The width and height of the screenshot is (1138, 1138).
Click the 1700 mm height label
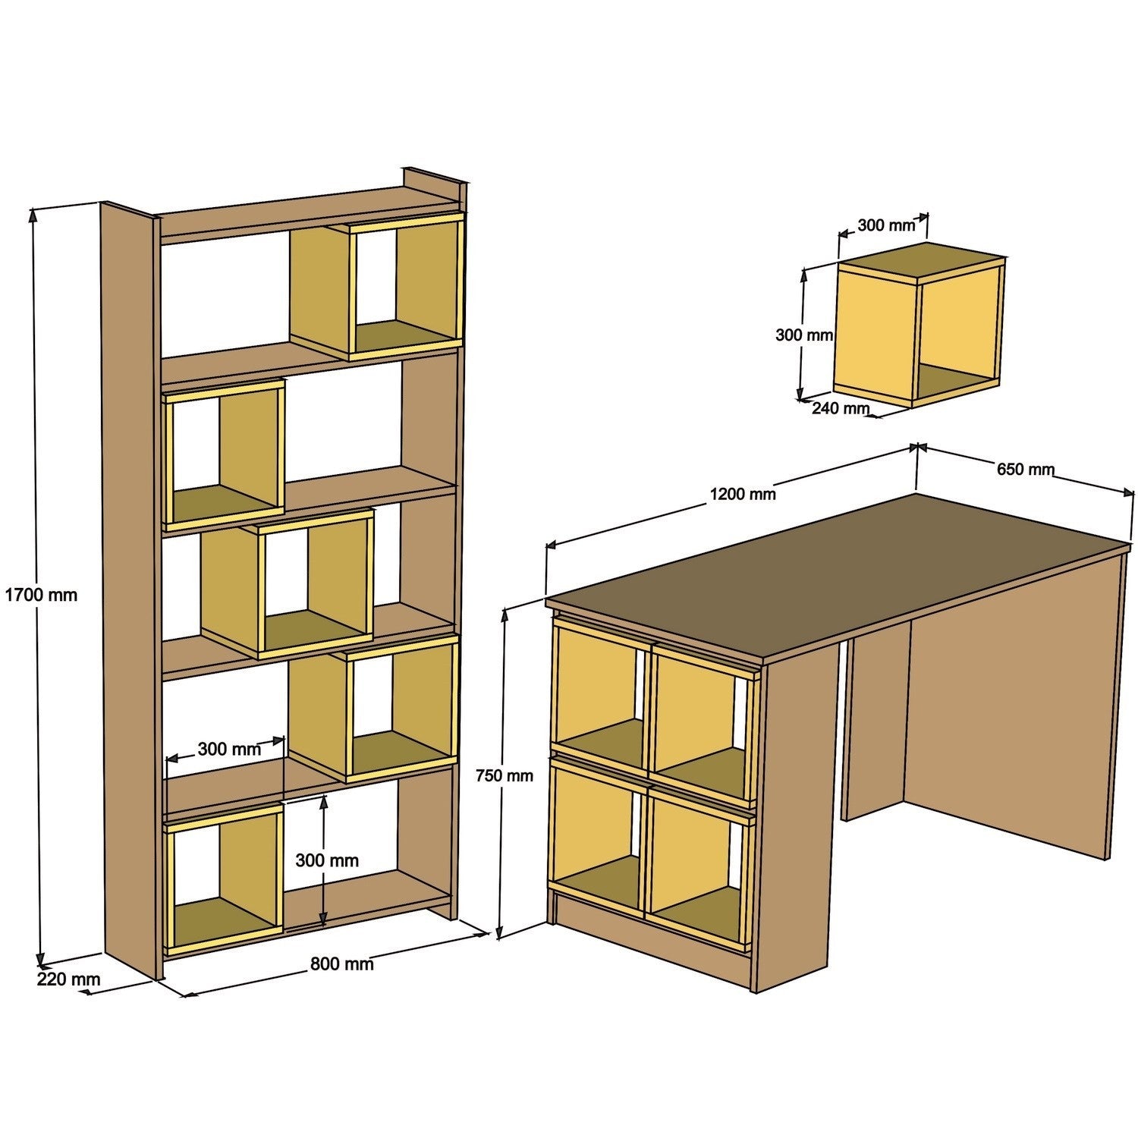(41, 595)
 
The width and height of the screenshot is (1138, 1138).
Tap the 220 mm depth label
(68, 979)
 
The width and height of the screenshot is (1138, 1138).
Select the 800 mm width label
(341, 964)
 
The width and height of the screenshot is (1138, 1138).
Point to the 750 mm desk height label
(504, 775)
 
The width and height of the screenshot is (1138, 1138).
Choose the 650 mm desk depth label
(1025, 470)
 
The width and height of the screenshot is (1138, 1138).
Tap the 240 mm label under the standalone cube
(840, 408)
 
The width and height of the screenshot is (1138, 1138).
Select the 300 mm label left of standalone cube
(803, 334)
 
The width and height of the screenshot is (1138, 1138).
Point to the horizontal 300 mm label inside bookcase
(229, 750)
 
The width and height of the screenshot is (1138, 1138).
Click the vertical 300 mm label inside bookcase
(327, 860)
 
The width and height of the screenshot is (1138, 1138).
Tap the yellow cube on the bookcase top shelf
(376, 288)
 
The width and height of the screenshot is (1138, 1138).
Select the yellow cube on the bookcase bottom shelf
(224, 880)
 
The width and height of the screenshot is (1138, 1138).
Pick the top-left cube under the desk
(599, 694)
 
